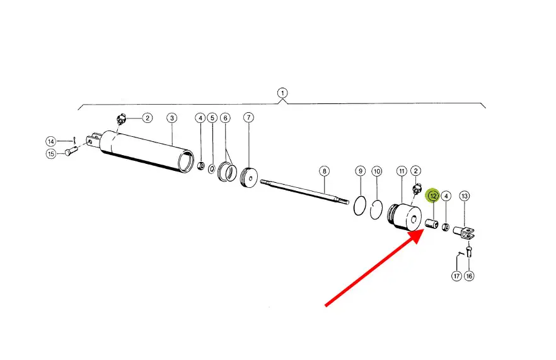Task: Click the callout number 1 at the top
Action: [x=282, y=93]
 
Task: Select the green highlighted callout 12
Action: [x=433, y=196]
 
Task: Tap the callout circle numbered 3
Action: [x=171, y=118]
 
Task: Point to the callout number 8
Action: [x=323, y=171]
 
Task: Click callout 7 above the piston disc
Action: [x=248, y=118]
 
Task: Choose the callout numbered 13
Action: [x=465, y=196]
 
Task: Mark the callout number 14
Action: [x=51, y=141]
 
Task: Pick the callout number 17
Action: [x=456, y=276]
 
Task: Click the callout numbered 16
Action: [x=469, y=276]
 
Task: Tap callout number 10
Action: [x=376, y=171]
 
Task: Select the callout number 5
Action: [x=212, y=118]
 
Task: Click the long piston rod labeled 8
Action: [x=303, y=192]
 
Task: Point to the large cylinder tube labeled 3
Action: [x=148, y=151]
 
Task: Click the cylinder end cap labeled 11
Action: [x=405, y=218]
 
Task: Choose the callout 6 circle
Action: [x=225, y=118]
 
